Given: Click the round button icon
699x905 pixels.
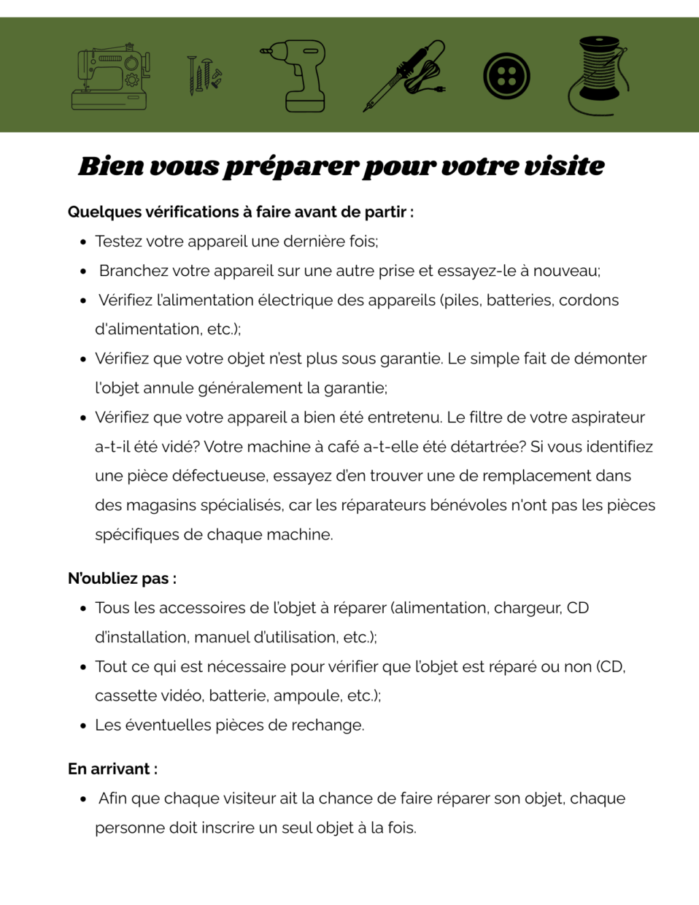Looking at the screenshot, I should point(506,76).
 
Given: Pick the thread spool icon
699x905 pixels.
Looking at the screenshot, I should point(599,76).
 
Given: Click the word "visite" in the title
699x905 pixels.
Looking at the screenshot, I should point(564,166).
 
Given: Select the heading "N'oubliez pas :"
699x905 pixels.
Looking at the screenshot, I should point(122,579).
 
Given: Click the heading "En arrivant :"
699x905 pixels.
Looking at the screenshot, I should point(112,769).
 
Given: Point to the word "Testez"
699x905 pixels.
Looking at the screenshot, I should point(118,242).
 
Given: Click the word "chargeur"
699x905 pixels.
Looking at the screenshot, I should point(527,608).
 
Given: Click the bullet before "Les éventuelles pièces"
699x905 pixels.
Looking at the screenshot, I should point(83,725).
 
